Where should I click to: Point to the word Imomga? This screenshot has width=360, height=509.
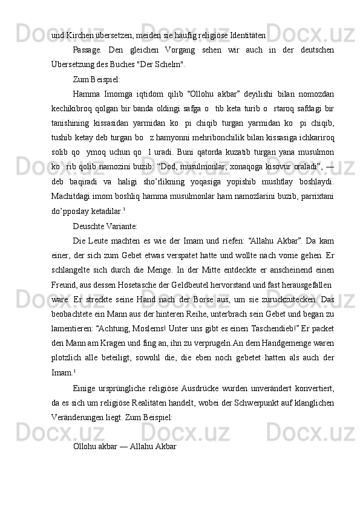120,94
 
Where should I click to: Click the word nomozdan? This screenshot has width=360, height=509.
316,94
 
